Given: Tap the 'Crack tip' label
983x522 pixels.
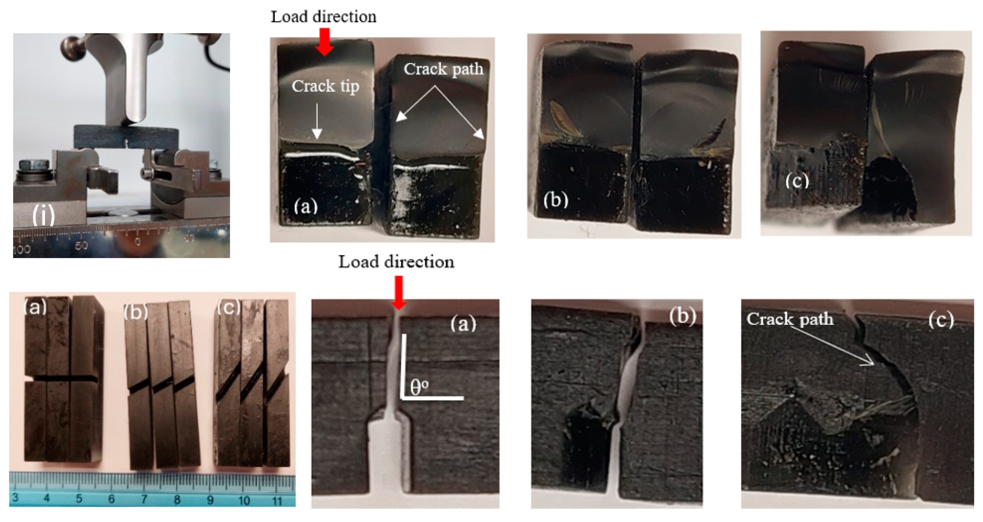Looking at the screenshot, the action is [325, 86].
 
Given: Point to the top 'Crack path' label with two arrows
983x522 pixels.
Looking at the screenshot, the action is [443, 69].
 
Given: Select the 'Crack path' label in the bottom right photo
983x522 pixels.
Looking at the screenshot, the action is [790, 319].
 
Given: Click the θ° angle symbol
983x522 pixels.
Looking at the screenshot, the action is [419, 387].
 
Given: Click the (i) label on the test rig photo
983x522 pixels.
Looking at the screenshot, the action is [43, 216].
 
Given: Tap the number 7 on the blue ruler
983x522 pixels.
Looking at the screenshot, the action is [144, 499].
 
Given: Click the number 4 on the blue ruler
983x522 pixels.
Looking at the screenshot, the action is [46, 498].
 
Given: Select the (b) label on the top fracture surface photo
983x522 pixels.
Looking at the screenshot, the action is [556, 199].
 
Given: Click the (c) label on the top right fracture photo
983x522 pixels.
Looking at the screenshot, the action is [797, 180].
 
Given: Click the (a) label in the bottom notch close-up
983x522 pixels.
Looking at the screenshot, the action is [463, 324].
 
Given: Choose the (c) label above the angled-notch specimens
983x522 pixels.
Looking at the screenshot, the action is [229, 307].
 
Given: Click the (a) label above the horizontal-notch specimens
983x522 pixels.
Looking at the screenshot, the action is [35, 306].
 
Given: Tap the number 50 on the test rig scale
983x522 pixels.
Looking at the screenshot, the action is [81, 245].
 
